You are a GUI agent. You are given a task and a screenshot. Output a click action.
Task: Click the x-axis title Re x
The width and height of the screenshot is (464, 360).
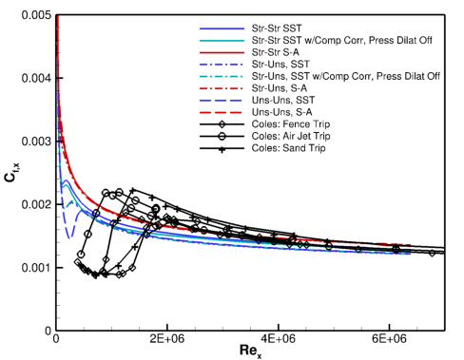click(x=250, y=353)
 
